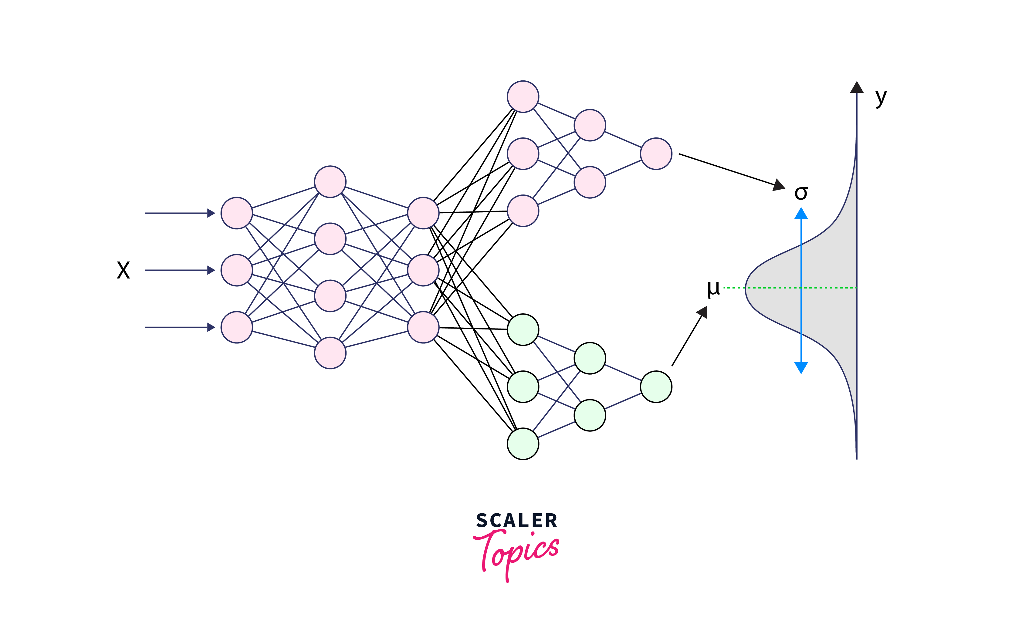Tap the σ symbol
(801, 193)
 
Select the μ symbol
(713, 289)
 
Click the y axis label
(881, 98)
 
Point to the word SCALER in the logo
(516, 521)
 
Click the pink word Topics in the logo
(516, 553)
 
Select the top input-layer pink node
(237, 213)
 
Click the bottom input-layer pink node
(237, 327)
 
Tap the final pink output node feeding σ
(656, 154)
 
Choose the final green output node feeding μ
(656, 387)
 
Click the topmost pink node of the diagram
(523, 97)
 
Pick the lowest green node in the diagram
(523, 444)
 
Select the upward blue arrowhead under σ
(801, 214)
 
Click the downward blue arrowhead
(801, 367)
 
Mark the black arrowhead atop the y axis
(857, 87)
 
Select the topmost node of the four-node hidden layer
(330, 182)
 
